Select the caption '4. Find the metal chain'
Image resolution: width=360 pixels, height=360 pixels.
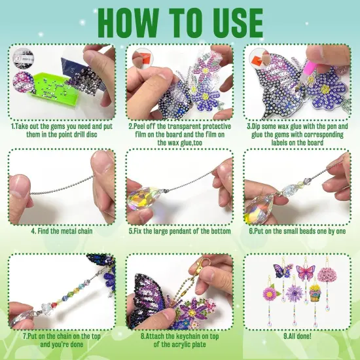tap(61, 231)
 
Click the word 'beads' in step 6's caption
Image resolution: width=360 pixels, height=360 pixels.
tap(305, 231)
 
